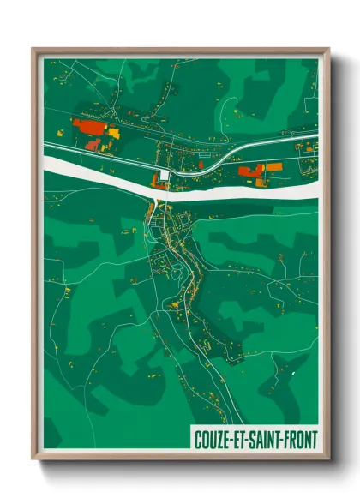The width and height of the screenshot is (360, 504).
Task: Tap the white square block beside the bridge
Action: pos(165,176)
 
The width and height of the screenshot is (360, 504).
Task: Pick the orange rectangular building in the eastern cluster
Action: pos(274,167)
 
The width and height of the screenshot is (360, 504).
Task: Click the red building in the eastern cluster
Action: pos(249,171)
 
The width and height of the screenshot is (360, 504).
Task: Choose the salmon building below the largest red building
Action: pos(93,145)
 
